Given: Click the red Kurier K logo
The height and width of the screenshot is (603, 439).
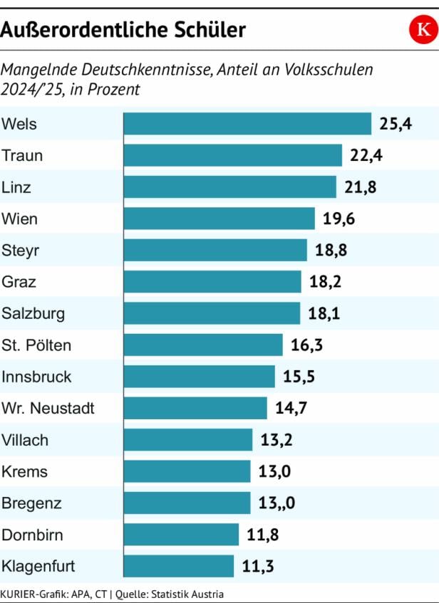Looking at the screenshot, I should pyautogui.click(x=423, y=30).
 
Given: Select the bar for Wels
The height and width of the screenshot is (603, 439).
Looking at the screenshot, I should pyautogui.click(x=247, y=124).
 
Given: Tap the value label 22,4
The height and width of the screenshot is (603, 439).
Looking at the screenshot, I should pyautogui.click(x=366, y=155).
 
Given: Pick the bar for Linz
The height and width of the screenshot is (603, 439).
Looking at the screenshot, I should pyautogui.click(x=229, y=187).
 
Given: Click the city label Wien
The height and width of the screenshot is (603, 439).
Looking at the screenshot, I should pyautogui.click(x=20, y=219).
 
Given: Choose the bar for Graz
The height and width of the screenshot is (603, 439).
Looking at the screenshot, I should pyautogui.click(x=212, y=281).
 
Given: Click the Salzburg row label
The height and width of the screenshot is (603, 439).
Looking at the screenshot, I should pyautogui.click(x=33, y=313).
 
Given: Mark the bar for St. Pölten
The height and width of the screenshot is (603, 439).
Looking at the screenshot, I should pyautogui.click(x=203, y=345).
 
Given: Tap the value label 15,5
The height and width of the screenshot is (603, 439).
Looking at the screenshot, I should pyautogui.click(x=299, y=377).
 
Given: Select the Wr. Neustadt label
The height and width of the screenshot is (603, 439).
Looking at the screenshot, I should pyautogui.click(x=48, y=409).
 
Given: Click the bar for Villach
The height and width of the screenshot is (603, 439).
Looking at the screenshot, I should pyautogui.click(x=188, y=440).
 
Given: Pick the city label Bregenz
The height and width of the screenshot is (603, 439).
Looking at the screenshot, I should pyautogui.click(x=31, y=503).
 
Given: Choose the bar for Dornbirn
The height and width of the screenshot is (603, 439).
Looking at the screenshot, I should pyautogui.click(x=181, y=535).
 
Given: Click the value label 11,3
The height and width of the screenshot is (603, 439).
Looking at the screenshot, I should pyautogui.click(x=258, y=567).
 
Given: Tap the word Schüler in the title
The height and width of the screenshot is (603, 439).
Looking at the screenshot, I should pyautogui.click(x=212, y=30).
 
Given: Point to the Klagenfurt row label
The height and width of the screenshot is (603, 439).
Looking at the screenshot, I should pyautogui.click(x=38, y=567).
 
